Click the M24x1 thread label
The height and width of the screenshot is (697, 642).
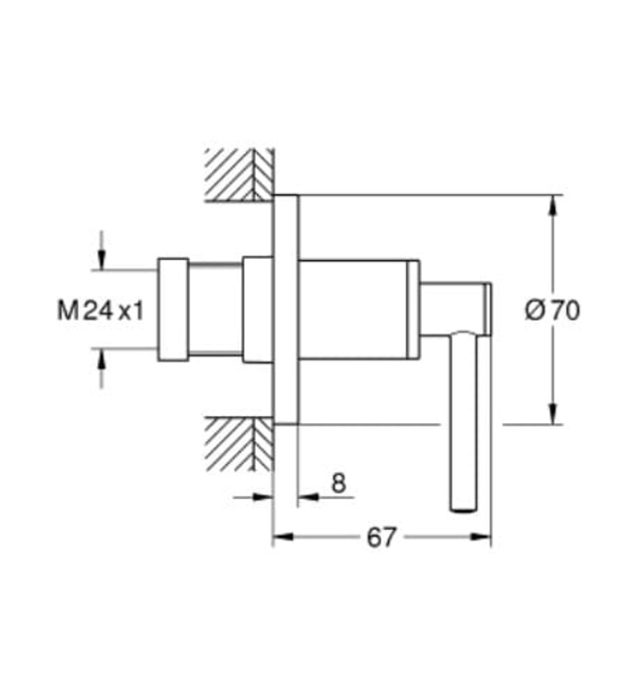101,311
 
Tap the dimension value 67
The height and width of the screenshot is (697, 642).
381,538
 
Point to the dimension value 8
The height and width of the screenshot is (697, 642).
338,484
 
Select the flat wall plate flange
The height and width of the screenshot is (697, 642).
286,310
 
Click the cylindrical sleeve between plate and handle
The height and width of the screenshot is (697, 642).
353,310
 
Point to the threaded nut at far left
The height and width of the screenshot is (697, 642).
172,308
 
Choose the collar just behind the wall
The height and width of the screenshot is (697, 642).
256,308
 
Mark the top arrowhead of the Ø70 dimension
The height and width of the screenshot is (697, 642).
553,203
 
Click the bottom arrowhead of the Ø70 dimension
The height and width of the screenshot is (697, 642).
553,416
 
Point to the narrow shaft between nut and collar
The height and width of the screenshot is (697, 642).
214,308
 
